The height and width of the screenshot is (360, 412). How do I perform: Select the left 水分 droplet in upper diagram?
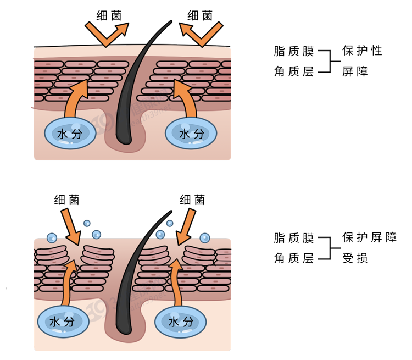click(70, 134)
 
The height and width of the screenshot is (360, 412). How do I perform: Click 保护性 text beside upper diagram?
click(361, 51)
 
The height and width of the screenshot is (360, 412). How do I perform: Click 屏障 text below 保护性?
click(355, 71)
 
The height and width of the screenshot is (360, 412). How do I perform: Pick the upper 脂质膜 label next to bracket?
click(294, 52)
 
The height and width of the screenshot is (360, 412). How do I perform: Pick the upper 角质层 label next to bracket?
click(294, 71)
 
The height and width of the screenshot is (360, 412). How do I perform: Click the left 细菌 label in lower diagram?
click(67, 200)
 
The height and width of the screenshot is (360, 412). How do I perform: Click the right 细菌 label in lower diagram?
click(192, 200)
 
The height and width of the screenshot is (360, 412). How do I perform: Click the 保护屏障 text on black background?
click(369, 237)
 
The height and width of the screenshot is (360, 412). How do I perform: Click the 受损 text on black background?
click(355, 258)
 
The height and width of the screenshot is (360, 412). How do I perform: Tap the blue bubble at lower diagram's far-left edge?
click(51, 238)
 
